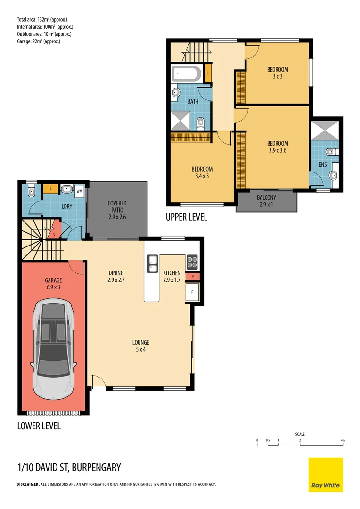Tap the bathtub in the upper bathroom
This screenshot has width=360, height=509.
pos(187,74)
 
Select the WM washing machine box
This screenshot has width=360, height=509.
pos(79,191)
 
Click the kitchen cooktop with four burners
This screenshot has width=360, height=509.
pos(192,263)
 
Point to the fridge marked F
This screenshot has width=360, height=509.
pos(192,292)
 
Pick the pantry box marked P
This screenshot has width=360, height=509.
pos(193,277)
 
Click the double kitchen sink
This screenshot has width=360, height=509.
pos(152,263)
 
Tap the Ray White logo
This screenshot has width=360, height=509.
pos(326,474)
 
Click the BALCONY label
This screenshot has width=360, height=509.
pos(266,197)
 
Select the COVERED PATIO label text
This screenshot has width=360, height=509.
pos(117,206)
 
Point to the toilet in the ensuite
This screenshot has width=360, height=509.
pos(331,152)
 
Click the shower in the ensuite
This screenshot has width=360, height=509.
pos(325,130)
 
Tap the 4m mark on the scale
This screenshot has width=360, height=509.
pos(343,441)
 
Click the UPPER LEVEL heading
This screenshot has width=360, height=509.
pos(186,217)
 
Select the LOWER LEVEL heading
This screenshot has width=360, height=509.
pos(39,426)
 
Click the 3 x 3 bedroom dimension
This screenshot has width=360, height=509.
pos(278,77)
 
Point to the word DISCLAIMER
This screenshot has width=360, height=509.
pos(28,484)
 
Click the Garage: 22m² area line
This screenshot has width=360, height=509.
pos(39,41)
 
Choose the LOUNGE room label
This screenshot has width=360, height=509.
pos(140,342)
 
